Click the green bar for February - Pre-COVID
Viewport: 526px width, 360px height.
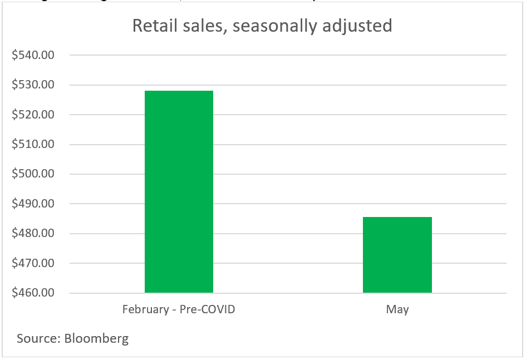179,191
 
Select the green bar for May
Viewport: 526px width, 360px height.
397,255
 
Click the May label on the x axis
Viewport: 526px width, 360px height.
397,310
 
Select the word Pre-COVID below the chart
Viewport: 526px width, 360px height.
207,309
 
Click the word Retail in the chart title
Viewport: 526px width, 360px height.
151,26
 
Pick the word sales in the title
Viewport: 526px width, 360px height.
202,26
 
